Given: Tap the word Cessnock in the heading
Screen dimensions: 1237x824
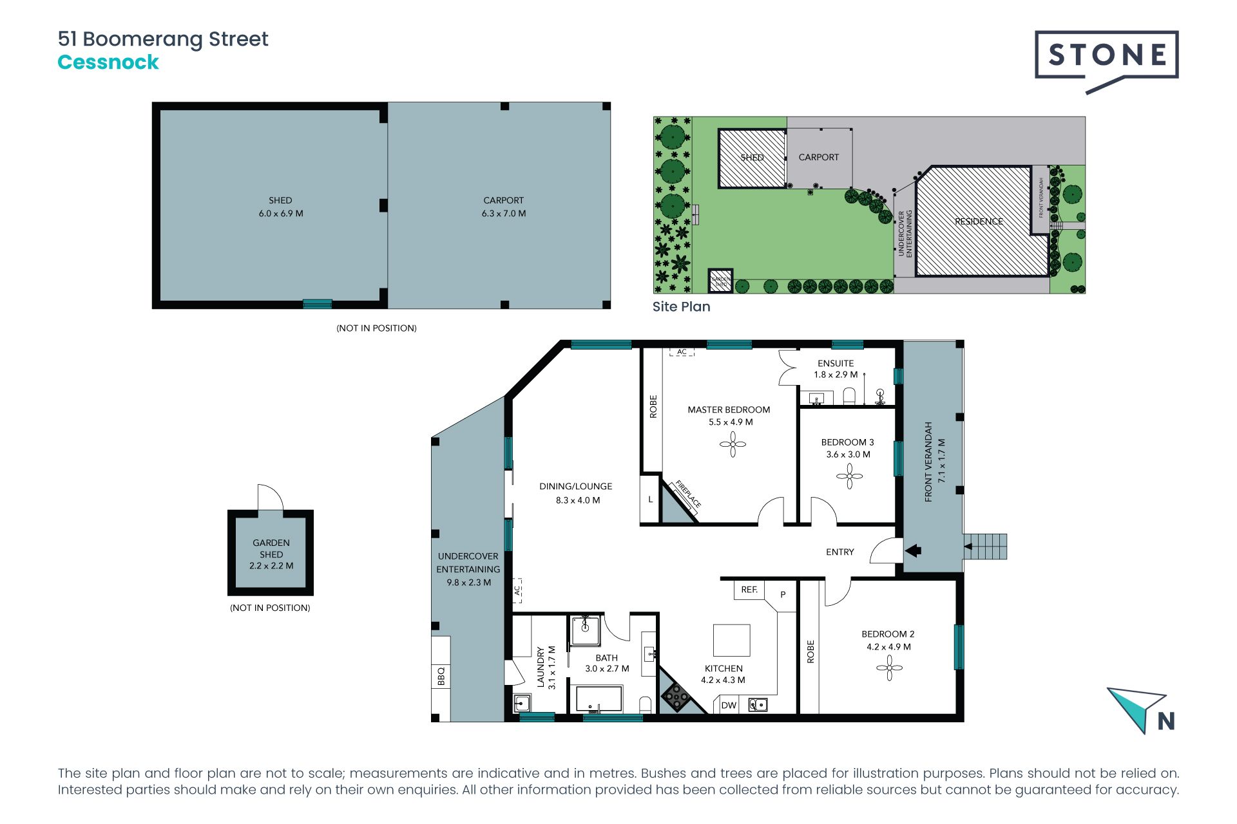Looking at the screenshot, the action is pyautogui.click(x=108, y=62).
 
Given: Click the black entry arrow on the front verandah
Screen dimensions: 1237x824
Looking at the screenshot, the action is pyautogui.click(x=914, y=550).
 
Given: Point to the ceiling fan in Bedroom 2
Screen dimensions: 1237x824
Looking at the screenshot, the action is pyautogui.click(x=889, y=668).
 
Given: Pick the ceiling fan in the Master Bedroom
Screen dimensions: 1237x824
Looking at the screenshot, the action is pyautogui.click(x=733, y=444).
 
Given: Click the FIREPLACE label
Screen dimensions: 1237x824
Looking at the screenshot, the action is pyautogui.click(x=688, y=494).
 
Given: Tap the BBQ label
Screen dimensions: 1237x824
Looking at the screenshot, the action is pyautogui.click(x=441, y=677).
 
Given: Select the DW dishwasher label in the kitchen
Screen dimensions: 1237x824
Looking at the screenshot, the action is pyautogui.click(x=729, y=706).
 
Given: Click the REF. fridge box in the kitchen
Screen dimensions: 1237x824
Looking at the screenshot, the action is pyautogui.click(x=749, y=590).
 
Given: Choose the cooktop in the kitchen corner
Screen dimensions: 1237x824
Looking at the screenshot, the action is pyautogui.click(x=676, y=696).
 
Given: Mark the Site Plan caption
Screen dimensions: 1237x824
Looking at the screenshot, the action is pyautogui.click(x=681, y=306).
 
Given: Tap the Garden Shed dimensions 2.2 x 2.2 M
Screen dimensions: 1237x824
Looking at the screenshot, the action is pyautogui.click(x=271, y=566).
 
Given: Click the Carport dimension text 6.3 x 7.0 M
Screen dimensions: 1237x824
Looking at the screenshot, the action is pyautogui.click(x=504, y=214).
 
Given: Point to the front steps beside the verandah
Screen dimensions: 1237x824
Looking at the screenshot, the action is pyautogui.click(x=984, y=547).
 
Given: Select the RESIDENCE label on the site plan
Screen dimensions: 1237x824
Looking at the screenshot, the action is pyautogui.click(x=979, y=221).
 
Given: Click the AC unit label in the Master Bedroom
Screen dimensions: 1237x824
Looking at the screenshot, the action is pyautogui.click(x=682, y=351).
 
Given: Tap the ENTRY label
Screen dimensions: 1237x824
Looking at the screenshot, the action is pyautogui.click(x=840, y=552).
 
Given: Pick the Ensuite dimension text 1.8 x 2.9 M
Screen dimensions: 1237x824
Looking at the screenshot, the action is pyautogui.click(x=836, y=375).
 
